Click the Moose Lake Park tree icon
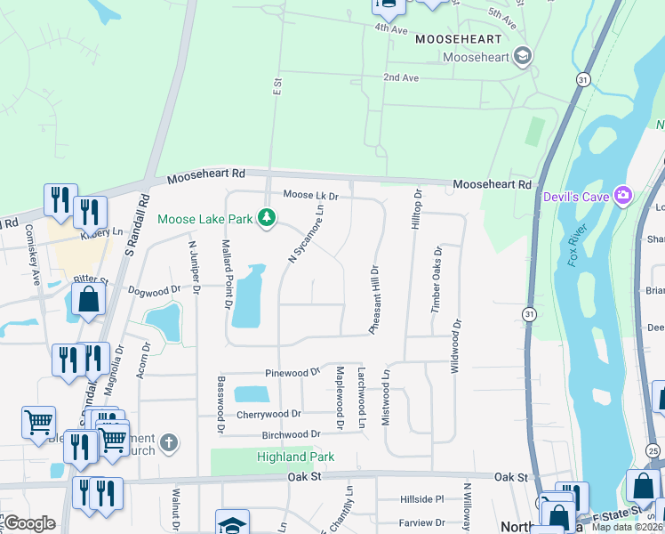[x=266, y=217]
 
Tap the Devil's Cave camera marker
[x=623, y=194]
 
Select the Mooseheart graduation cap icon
[x=523, y=57]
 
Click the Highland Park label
[x=295, y=457]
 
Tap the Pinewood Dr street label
[x=292, y=372]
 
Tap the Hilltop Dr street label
[x=415, y=210]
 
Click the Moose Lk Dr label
[x=311, y=195]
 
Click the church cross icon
[x=170, y=442]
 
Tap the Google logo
[x=29, y=523]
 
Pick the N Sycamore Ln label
[x=306, y=233]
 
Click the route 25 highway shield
[x=653, y=451]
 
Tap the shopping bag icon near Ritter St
[x=88, y=300]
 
